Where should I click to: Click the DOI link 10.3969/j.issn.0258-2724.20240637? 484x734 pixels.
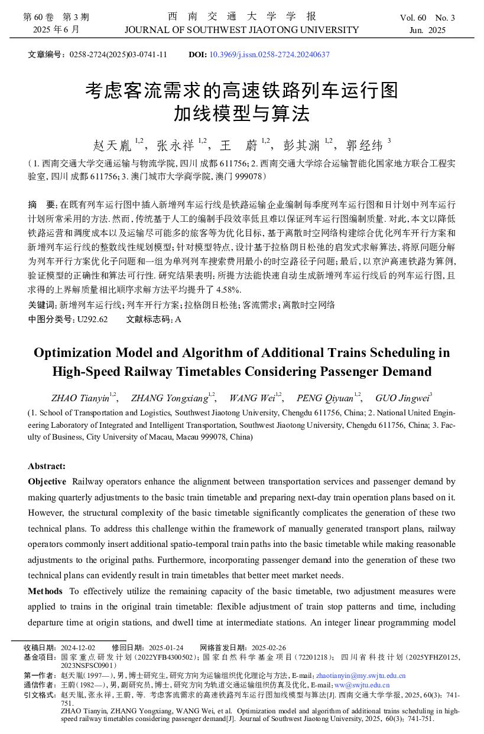pos(269,55)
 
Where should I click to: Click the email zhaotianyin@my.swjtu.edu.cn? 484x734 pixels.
pos(360,676)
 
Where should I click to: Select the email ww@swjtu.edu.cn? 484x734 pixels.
pos(362,685)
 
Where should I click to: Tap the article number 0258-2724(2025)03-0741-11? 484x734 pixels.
pos(118,55)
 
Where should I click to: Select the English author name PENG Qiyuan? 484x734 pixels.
pos(324,398)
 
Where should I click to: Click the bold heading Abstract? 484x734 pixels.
pos(47,466)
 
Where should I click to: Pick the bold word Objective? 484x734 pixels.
pos(47,482)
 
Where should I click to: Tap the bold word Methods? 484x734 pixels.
pos(46,591)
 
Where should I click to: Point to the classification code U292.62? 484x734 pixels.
pos(92,319)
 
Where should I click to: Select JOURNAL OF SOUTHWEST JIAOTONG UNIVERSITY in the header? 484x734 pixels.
pos(242,30)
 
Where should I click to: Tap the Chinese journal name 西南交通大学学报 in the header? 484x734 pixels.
pos(242,17)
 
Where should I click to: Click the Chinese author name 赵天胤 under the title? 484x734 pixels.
pos(112,145)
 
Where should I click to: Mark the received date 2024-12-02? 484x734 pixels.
pos(78,647)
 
